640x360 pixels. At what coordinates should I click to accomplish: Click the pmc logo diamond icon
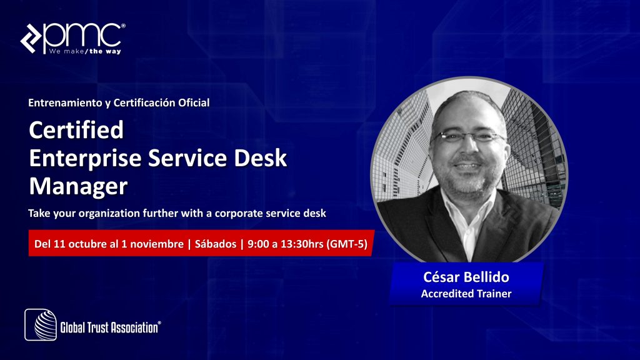tap(31, 38)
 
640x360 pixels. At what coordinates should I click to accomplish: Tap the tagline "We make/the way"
tap(85, 51)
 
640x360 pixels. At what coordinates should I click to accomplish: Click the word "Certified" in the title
tap(76, 130)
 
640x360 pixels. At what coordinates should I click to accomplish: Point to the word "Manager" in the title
tap(78, 186)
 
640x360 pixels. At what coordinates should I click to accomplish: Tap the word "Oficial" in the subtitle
tap(194, 102)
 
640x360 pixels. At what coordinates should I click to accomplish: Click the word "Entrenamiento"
tap(65, 102)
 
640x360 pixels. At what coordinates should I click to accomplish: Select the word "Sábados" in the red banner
tap(216, 244)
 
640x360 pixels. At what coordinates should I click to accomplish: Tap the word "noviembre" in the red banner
tap(157, 244)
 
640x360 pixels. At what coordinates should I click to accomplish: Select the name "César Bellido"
tap(466, 277)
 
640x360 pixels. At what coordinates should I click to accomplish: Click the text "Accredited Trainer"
tap(466, 294)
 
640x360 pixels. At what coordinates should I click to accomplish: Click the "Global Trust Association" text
tap(110, 327)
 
